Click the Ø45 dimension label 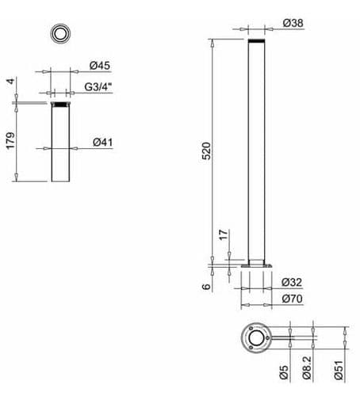(100, 66)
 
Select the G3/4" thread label (98, 87)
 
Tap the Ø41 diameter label (103, 143)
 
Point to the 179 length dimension (10, 141)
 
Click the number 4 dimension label (10, 81)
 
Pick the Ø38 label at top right (293, 23)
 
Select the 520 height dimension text (206, 151)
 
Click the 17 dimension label (224, 234)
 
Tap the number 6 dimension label (206, 287)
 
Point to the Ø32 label (292, 282)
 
